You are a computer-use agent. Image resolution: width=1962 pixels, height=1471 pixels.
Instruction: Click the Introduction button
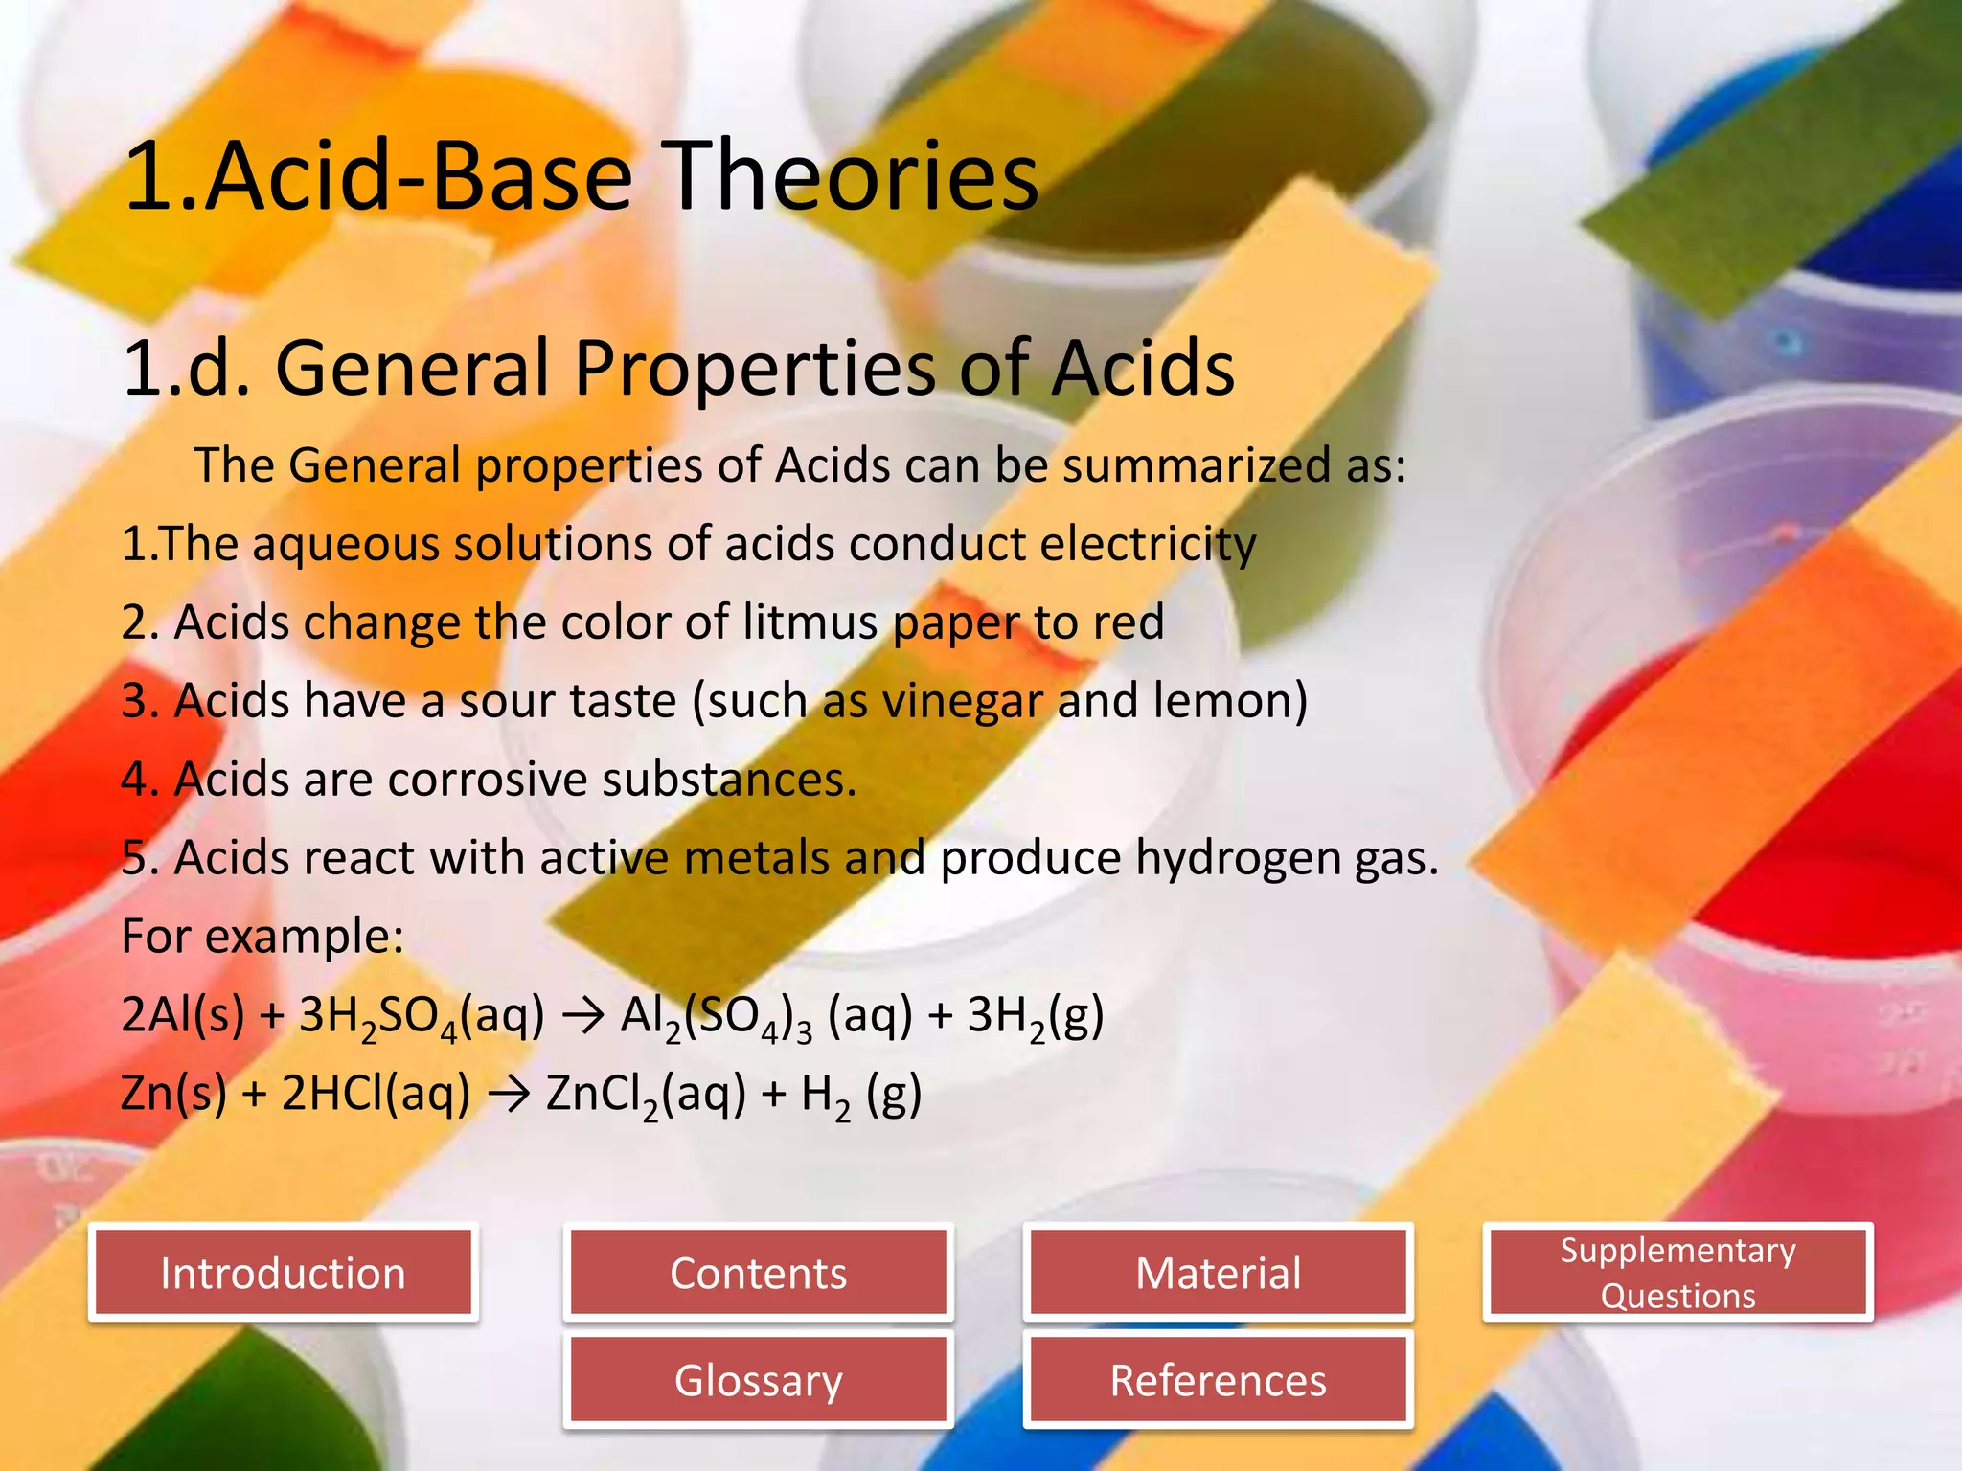pyautogui.click(x=283, y=1274)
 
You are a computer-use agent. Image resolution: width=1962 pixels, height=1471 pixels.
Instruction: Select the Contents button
pyautogui.click(x=758, y=1274)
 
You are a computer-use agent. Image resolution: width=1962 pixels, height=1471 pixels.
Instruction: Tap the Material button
pyautogui.click(x=1218, y=1274)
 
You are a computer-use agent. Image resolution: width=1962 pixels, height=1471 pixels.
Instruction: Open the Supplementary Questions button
pyautogui.click(x=1677, y=1273)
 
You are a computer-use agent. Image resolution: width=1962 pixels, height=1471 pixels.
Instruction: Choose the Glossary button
pyautogui.click(x=758, y=1381)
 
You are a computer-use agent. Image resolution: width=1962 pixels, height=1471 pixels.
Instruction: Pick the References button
pyautogui.click(x=1218, y=1381)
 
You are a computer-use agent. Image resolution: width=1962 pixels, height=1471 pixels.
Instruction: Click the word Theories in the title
pyautogui.click(x=853, y=176)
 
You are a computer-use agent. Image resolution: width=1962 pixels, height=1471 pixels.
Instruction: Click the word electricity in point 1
pyautogui.click(x=1148, y=545)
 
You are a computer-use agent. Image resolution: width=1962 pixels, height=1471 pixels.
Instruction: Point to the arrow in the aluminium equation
pyautogui.click(x=582, y=1016)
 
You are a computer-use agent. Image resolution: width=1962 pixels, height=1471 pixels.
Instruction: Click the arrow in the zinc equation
pyautogui.click(x=509, y=1095)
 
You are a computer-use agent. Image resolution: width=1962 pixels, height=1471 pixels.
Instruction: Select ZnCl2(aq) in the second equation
pyautogui.click(x=645, y=1095)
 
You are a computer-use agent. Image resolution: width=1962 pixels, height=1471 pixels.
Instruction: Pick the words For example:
pyautogui.click(x=262, y=937)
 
